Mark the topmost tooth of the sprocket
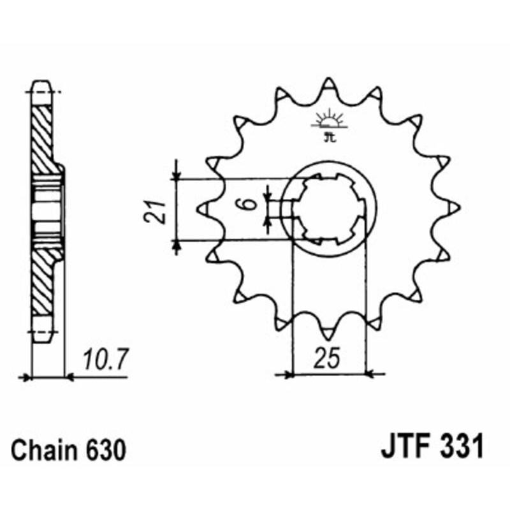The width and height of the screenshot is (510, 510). [328, 85]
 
